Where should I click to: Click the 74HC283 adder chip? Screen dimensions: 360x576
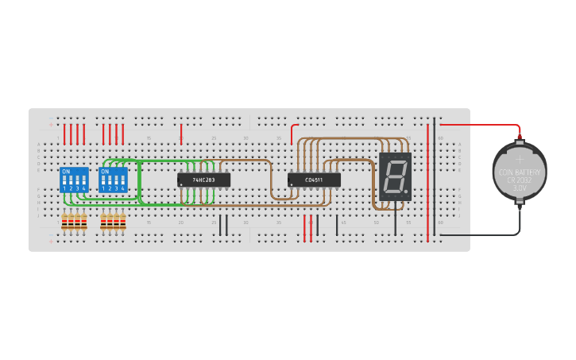(203, 180)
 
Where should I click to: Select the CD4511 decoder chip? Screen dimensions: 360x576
(314, 180)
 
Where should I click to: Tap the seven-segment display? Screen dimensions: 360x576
(395, 176)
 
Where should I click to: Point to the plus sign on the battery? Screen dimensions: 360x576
(520, 159)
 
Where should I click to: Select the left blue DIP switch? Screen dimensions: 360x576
(75, 180)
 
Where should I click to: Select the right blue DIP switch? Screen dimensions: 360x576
(113, 180)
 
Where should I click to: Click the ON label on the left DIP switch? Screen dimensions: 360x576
(65, 172)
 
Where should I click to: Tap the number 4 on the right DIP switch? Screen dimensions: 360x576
(122, 188)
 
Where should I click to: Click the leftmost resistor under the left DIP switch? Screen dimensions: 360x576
(65, 222)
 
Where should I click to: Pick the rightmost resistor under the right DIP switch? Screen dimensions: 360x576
(123, 222)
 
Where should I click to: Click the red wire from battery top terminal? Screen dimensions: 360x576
(477, 125)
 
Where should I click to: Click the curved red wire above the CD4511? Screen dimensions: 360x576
(292, 131)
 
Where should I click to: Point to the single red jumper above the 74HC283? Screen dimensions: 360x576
(181, 134)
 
